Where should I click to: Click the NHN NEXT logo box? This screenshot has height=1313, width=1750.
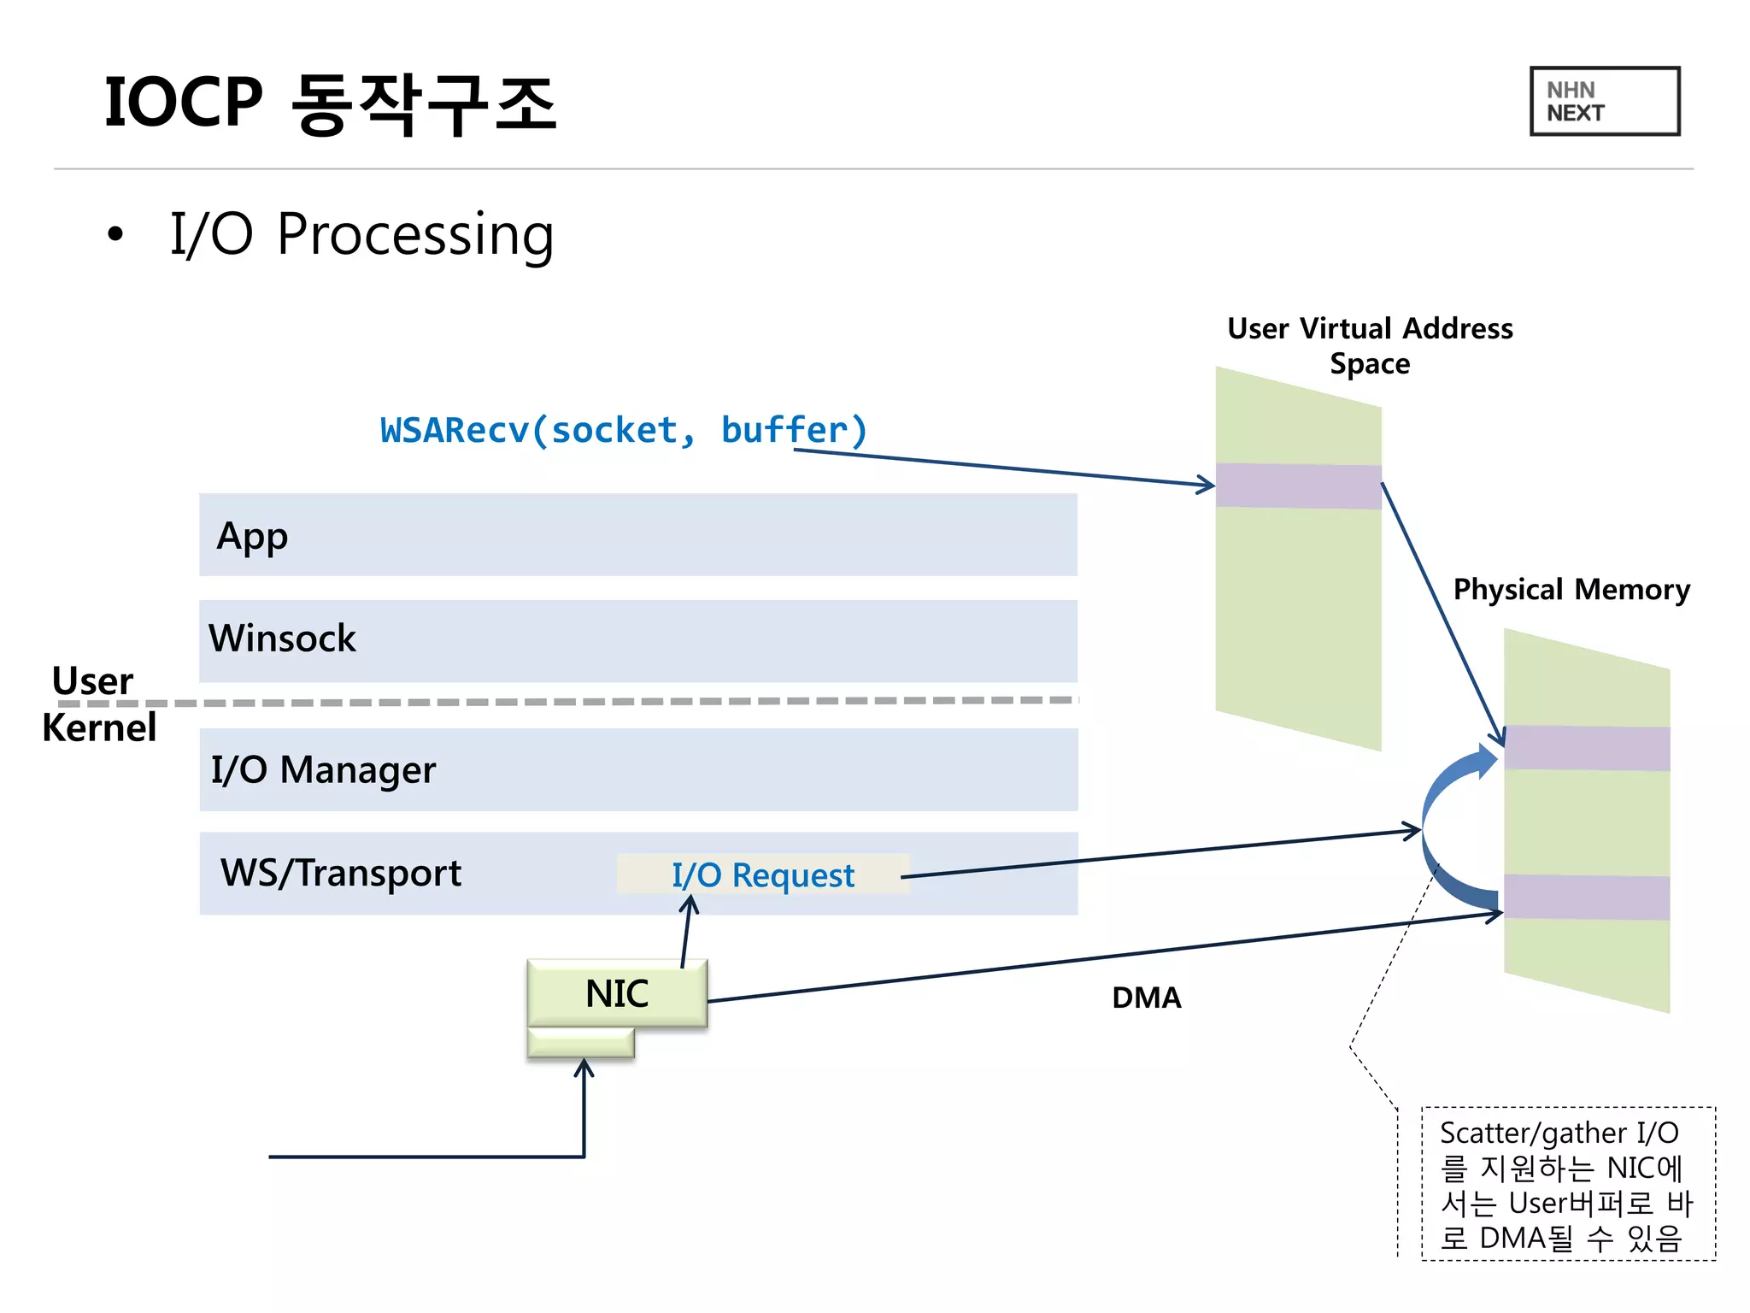[1604, 101]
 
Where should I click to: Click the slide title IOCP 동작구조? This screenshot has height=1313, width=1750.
[330, 103]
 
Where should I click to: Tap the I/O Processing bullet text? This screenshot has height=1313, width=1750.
[361, 234]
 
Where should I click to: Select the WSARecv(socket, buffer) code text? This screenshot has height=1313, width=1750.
[624, 430]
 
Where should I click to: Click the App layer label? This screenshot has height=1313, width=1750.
[252, 537]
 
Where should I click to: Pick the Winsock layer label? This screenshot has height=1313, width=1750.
[282, 639]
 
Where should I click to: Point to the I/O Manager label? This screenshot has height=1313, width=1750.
[323, 769]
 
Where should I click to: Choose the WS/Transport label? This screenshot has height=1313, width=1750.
[340, 873]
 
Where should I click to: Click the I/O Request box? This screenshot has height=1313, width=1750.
[762, 874]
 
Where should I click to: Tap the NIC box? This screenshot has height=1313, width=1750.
[617, 993]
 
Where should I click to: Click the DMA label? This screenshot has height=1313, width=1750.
[1146, 998]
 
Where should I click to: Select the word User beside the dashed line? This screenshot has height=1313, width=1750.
[92, 680]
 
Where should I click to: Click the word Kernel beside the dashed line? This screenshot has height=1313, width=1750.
[99, 728]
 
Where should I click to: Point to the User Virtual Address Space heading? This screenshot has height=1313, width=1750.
[1370, 345]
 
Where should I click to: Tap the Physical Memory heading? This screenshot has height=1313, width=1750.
[1571, 590]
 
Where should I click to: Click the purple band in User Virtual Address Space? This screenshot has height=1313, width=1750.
[1298, 486]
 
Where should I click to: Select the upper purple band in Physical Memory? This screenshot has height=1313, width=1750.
[1587, 748]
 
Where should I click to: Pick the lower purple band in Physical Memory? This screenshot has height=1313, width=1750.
[1587, 897]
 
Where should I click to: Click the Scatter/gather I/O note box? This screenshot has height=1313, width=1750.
[1568, 1184]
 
